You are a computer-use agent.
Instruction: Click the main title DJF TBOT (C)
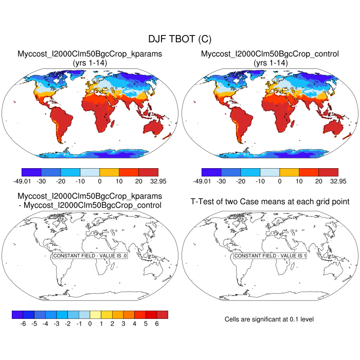(x=179, y=39)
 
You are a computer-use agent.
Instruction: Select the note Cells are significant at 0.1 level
(x=269, y=319)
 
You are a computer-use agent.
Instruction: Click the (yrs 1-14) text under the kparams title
(x=90, y=62)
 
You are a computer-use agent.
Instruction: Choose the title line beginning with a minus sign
(x=90, y=206)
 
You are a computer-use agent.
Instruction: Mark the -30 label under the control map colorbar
(x=221, y=181)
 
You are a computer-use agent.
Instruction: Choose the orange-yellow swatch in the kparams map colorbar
(x=109, y=172)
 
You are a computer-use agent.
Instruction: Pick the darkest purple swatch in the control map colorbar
(x=211, y=172)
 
